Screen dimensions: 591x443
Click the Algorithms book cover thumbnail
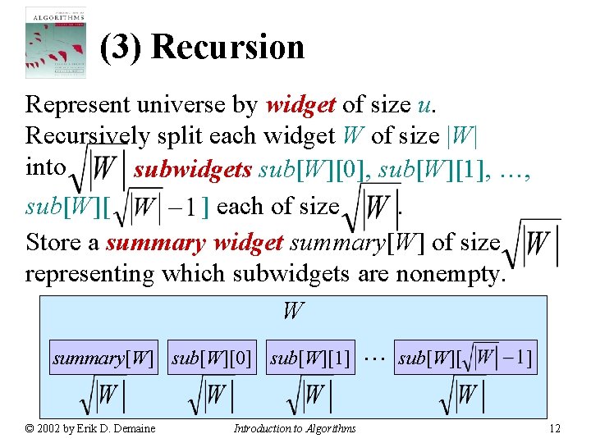click(55, 43)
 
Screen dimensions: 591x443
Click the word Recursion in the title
click(227, 48)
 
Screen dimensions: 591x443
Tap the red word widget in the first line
click(300, 105)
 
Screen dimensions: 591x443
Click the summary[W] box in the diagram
click(103, 359)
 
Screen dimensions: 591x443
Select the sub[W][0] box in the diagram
click(212, 359)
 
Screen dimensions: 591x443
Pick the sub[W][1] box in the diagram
click(310, 359)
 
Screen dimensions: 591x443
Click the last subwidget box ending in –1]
click(465, 359)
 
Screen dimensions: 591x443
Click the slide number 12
click(555, 428)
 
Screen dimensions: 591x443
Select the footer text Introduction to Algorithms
click(295, 428)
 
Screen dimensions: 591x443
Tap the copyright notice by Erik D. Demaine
click(90, 428)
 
